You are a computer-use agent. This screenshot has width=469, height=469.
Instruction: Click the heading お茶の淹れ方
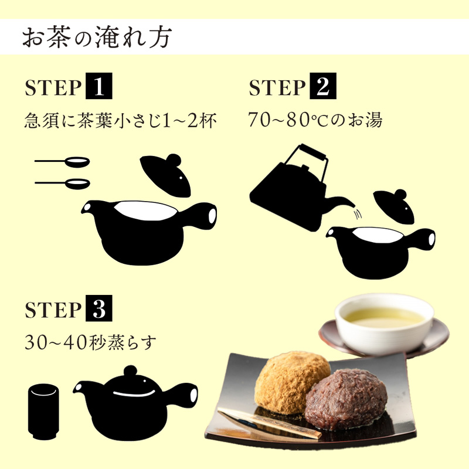pyautogui.click(x=97, y=38)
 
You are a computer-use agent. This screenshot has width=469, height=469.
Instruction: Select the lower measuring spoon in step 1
pyautogui.click(x=63, y=183)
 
